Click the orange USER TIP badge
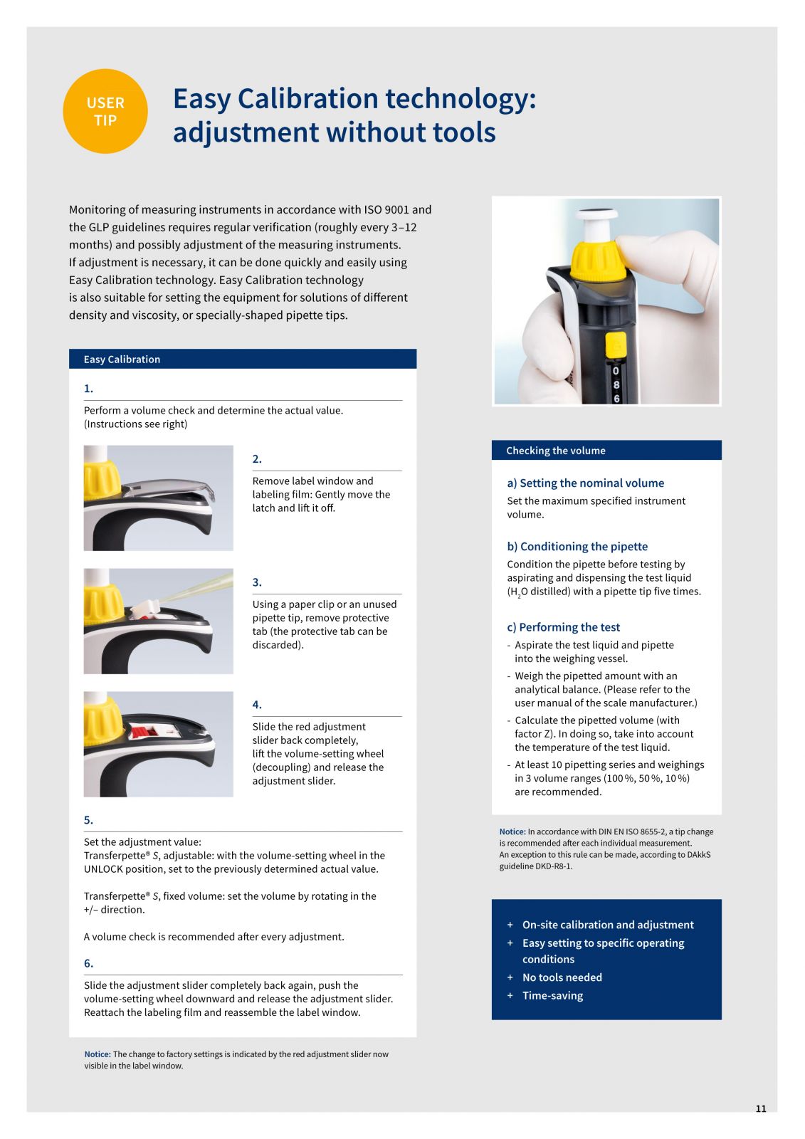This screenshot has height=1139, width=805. [105, 111]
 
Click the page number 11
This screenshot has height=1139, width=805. [761, 1108]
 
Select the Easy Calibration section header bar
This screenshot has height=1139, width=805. [243, 359]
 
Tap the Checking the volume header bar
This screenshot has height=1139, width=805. [606, 451]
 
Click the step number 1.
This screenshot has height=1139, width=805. [88, 389]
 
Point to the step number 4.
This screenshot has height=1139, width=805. [257, 705]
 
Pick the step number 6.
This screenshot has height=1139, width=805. [88, 963]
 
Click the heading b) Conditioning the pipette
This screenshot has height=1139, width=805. [577, 547]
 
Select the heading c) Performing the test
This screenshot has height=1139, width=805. [564, 627]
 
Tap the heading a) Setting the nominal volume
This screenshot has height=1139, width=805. [585, 483]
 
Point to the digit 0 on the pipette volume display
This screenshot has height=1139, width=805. [616, 371]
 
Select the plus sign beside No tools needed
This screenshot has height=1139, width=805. [510, 977]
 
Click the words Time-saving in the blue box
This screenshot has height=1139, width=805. [552, 996]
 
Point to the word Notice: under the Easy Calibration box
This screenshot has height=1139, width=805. [97, 1054]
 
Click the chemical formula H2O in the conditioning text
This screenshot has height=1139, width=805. [519, 592]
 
